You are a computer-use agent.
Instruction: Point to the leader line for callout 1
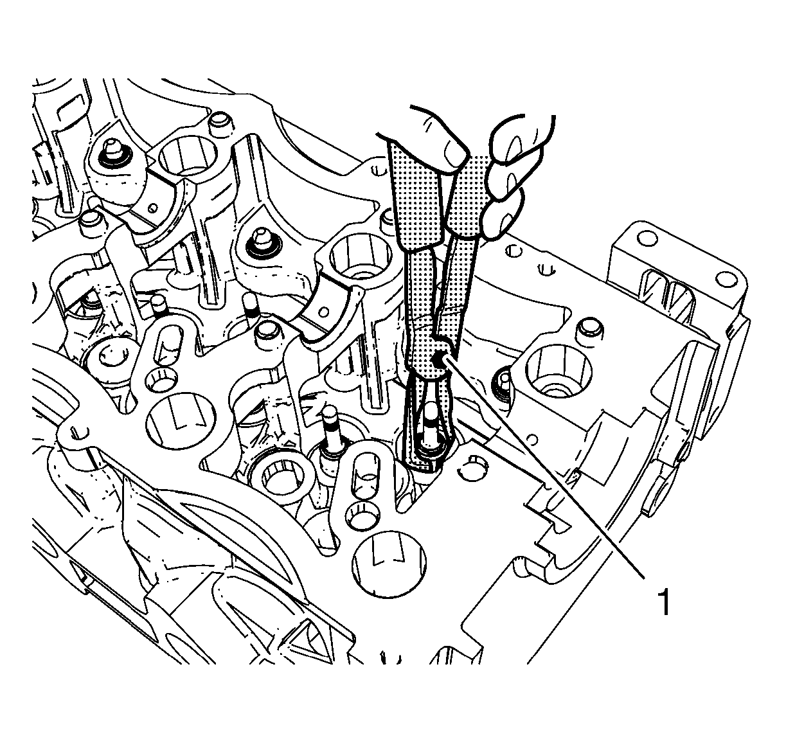click(546, 469)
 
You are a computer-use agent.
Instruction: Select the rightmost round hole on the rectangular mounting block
click(726, 280)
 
